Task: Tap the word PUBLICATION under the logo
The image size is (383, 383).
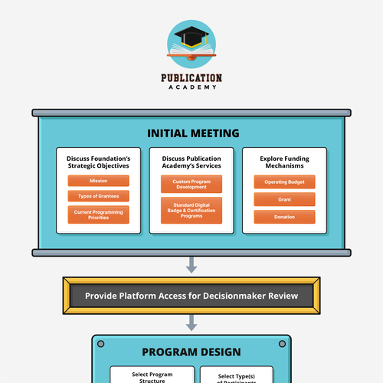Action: pyautogui.click(x=191, y=77)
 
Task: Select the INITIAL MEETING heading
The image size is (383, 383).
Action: pyautogui.click(x=191, y=133)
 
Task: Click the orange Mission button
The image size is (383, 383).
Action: pyautogui.click(x=98, y=181)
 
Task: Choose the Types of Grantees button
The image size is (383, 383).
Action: pyautogui.click(x=98, y=197)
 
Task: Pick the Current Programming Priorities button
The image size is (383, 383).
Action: pyautogui.click(x=98, y=214)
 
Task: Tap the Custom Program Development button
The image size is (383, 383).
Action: pyautogui.click(x=191, y=184)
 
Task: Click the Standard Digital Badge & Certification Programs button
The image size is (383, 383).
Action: pyautogui.click(x=191, y=209)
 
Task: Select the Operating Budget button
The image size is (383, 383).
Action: pyautogui.click(x=284, y=182)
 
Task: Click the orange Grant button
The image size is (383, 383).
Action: pyautogui.click(x=284, y=199)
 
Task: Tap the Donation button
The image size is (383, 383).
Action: pyautogui.click(x=284, y=217)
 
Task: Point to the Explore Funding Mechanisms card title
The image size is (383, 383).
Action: pyautogui.click(x=284, y=162)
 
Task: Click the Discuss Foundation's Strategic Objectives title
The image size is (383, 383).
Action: pyautogui.click(x=98, y=162)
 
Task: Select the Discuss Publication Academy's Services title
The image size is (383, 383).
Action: pyautogui.click(x=191, y=162)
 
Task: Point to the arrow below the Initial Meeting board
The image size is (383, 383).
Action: pyautogui.click(x=191, y=266)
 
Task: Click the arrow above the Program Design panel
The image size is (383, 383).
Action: pyautogui.click(x=191, y=325)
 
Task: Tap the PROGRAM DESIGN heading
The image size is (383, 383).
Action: pyautogui.click(x=191, y=352)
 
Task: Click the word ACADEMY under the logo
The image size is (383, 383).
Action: pyautogui.click(x=191, y=87)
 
